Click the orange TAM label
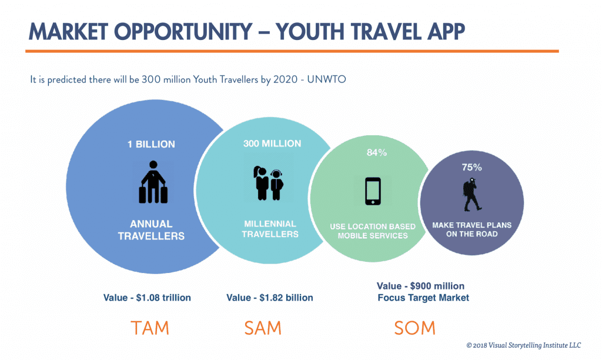[150, 328]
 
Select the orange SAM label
[263, 328]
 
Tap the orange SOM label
[414, 328]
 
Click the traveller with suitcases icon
[153, 182]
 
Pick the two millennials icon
[268, 183]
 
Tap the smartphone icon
[373, 191]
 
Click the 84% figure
[377, 152]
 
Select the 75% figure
[472, 167]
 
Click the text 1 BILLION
[151, 144]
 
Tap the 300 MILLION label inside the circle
[272, 144]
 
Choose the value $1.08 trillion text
[147, 298]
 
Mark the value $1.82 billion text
[269, 298]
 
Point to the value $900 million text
[420, 286]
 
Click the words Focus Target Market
[423, 298]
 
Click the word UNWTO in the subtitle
[326, 79]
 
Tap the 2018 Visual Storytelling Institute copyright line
[524, 345]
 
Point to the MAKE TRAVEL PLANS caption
[472, 229]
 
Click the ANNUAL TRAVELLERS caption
[151, 230]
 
